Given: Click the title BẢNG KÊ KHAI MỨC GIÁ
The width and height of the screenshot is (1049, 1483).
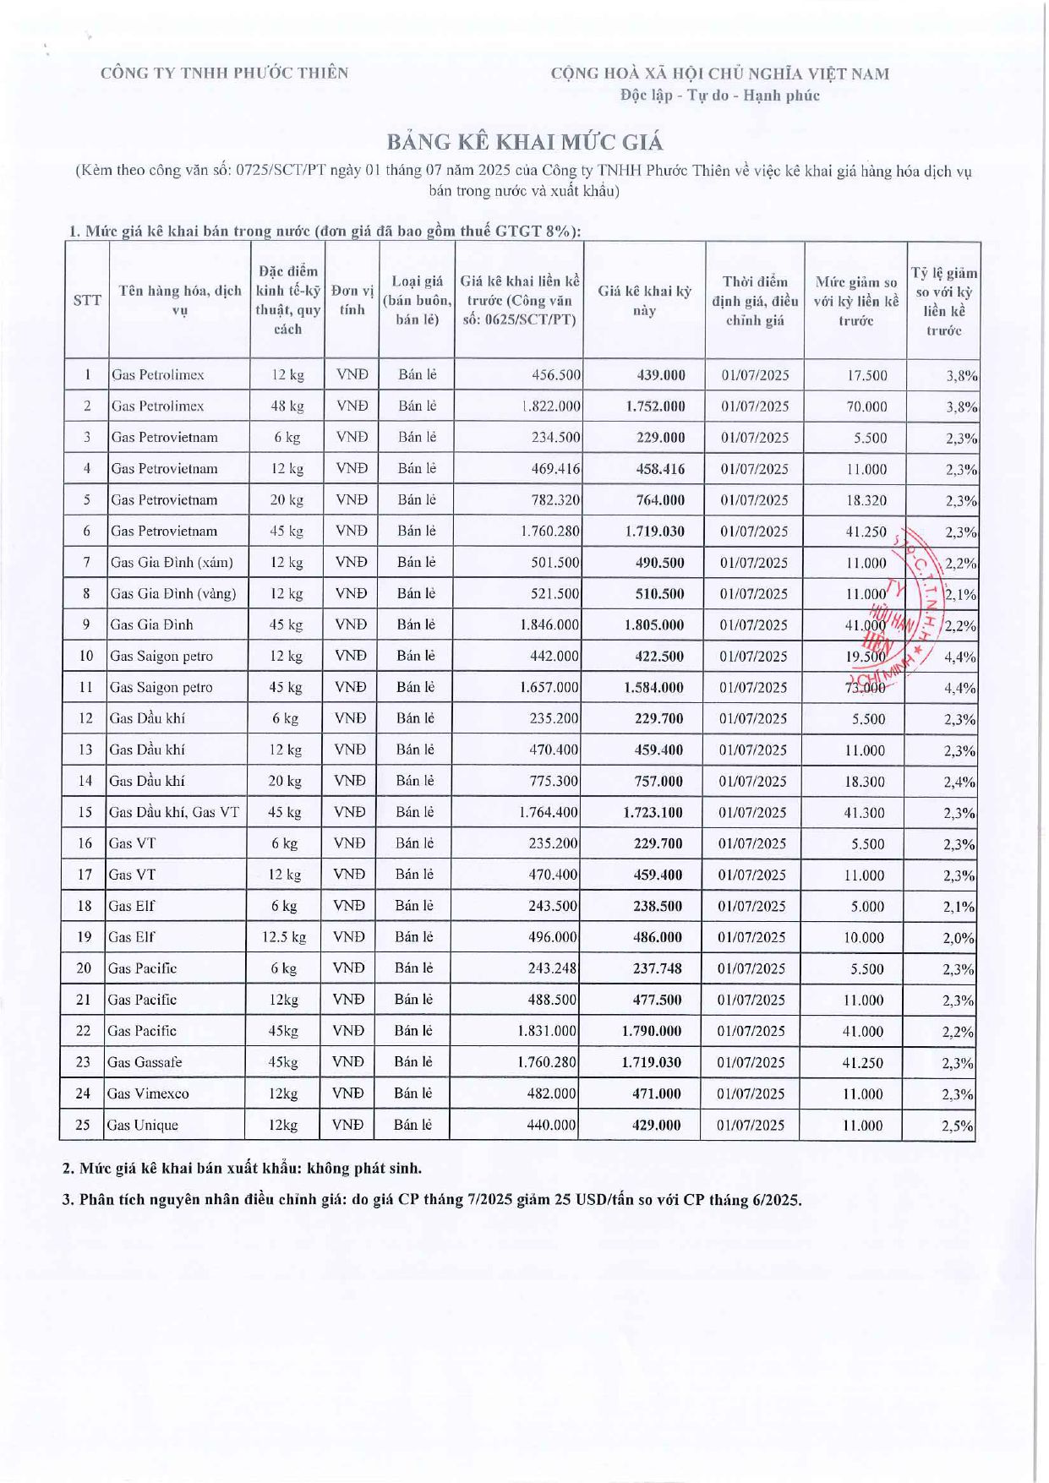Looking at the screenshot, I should point(525,141).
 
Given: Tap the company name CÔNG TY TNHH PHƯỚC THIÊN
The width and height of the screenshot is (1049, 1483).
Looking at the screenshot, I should point(224,73).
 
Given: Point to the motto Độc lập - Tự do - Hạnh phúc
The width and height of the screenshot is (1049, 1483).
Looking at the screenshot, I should point(719,95).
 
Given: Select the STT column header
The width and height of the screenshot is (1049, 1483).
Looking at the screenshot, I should point(87,300).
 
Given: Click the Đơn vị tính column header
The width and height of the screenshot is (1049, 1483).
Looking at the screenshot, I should point(352,300).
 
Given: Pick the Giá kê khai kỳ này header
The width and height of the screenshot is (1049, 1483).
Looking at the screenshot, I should point(644,300).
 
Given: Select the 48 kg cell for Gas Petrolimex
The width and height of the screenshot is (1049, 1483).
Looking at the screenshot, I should point(287,406).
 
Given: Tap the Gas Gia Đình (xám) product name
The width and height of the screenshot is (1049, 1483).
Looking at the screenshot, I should point(172,562).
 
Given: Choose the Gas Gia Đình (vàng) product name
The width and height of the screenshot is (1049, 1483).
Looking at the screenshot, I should point(173,593).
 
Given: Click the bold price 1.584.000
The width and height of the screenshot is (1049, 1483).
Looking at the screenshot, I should point(653,688).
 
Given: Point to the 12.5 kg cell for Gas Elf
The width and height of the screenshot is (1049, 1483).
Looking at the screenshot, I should point(284,937).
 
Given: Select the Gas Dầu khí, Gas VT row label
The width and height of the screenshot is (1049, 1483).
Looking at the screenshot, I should point(173,813).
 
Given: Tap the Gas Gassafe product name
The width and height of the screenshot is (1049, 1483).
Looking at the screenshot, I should point(145,1062).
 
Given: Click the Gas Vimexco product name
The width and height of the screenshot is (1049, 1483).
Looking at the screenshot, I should point(148,1093).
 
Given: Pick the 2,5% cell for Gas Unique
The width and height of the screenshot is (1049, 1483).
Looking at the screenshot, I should point(958,1126).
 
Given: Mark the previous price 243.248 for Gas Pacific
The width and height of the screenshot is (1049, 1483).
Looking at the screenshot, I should point(552,968).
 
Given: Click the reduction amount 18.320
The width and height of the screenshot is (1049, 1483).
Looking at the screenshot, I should point(866,500).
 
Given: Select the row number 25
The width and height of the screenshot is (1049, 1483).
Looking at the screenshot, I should point(83,1125).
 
